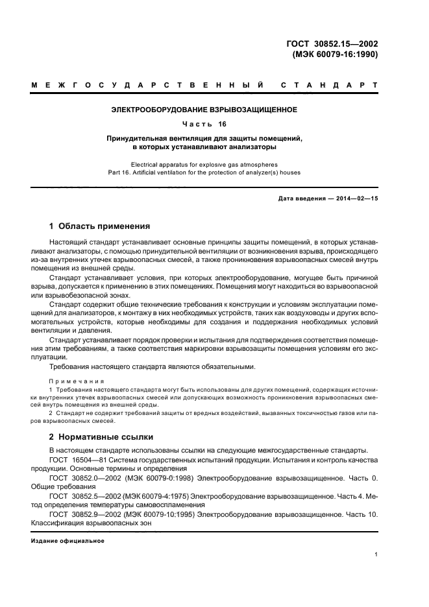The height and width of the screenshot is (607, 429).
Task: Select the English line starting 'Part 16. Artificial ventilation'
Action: tap(204, 173)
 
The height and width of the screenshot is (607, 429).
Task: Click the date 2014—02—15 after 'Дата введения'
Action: tap(356, 198)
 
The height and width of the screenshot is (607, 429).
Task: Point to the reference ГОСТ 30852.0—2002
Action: tap(82, 477)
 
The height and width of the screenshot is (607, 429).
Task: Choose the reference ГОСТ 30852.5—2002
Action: tap(82, 496)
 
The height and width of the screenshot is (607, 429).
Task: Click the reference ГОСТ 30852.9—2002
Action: tap(82, 514)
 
